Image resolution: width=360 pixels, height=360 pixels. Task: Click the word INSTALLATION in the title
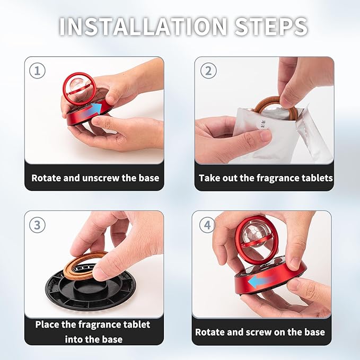tap(143, 27)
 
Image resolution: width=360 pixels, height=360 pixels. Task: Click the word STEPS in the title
tap(271, 27)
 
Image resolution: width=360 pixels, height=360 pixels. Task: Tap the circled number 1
tap(37, 71)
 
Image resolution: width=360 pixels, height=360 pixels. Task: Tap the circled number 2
tap(208, 71)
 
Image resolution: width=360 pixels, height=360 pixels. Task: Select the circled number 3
tap(37, 225)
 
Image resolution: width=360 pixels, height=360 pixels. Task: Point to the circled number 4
tap(207, 225)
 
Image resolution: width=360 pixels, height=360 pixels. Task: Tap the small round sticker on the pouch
tap(263, 124)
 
